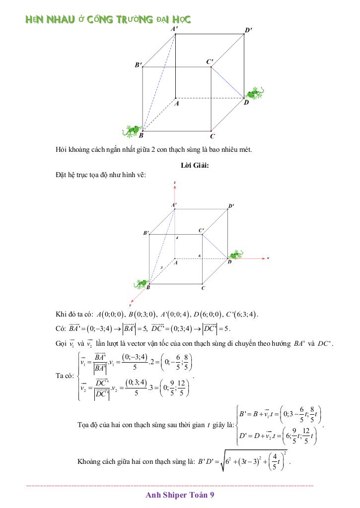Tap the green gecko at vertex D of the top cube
pos(255,94)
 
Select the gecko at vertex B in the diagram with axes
pos(141,284)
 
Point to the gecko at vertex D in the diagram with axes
pos(236,254)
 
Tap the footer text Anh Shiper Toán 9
pos(180,495)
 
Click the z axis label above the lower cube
pos(175,184)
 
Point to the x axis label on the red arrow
pos(268,258)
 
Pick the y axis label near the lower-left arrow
pos(130,304)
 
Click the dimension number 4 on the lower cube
pos(177,238)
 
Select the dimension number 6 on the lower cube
pos(199,255)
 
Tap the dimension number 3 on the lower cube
pos(161,268)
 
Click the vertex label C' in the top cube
pos(210,62)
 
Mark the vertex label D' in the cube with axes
pos(231,205)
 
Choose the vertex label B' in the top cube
pos(139,64)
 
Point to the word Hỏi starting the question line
pos(62,150)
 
